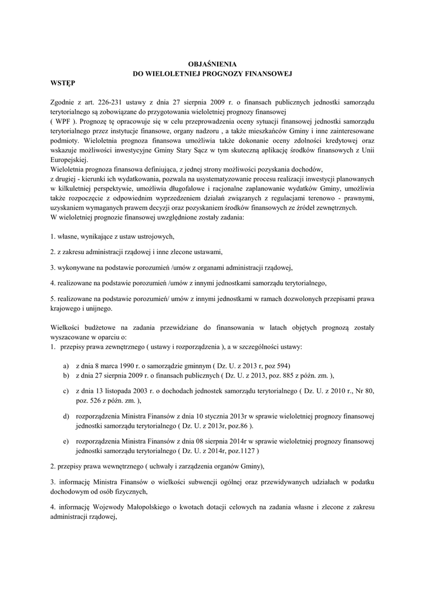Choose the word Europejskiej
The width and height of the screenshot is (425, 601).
[x=69, y=160]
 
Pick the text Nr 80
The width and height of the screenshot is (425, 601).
[x=365, y=390]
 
